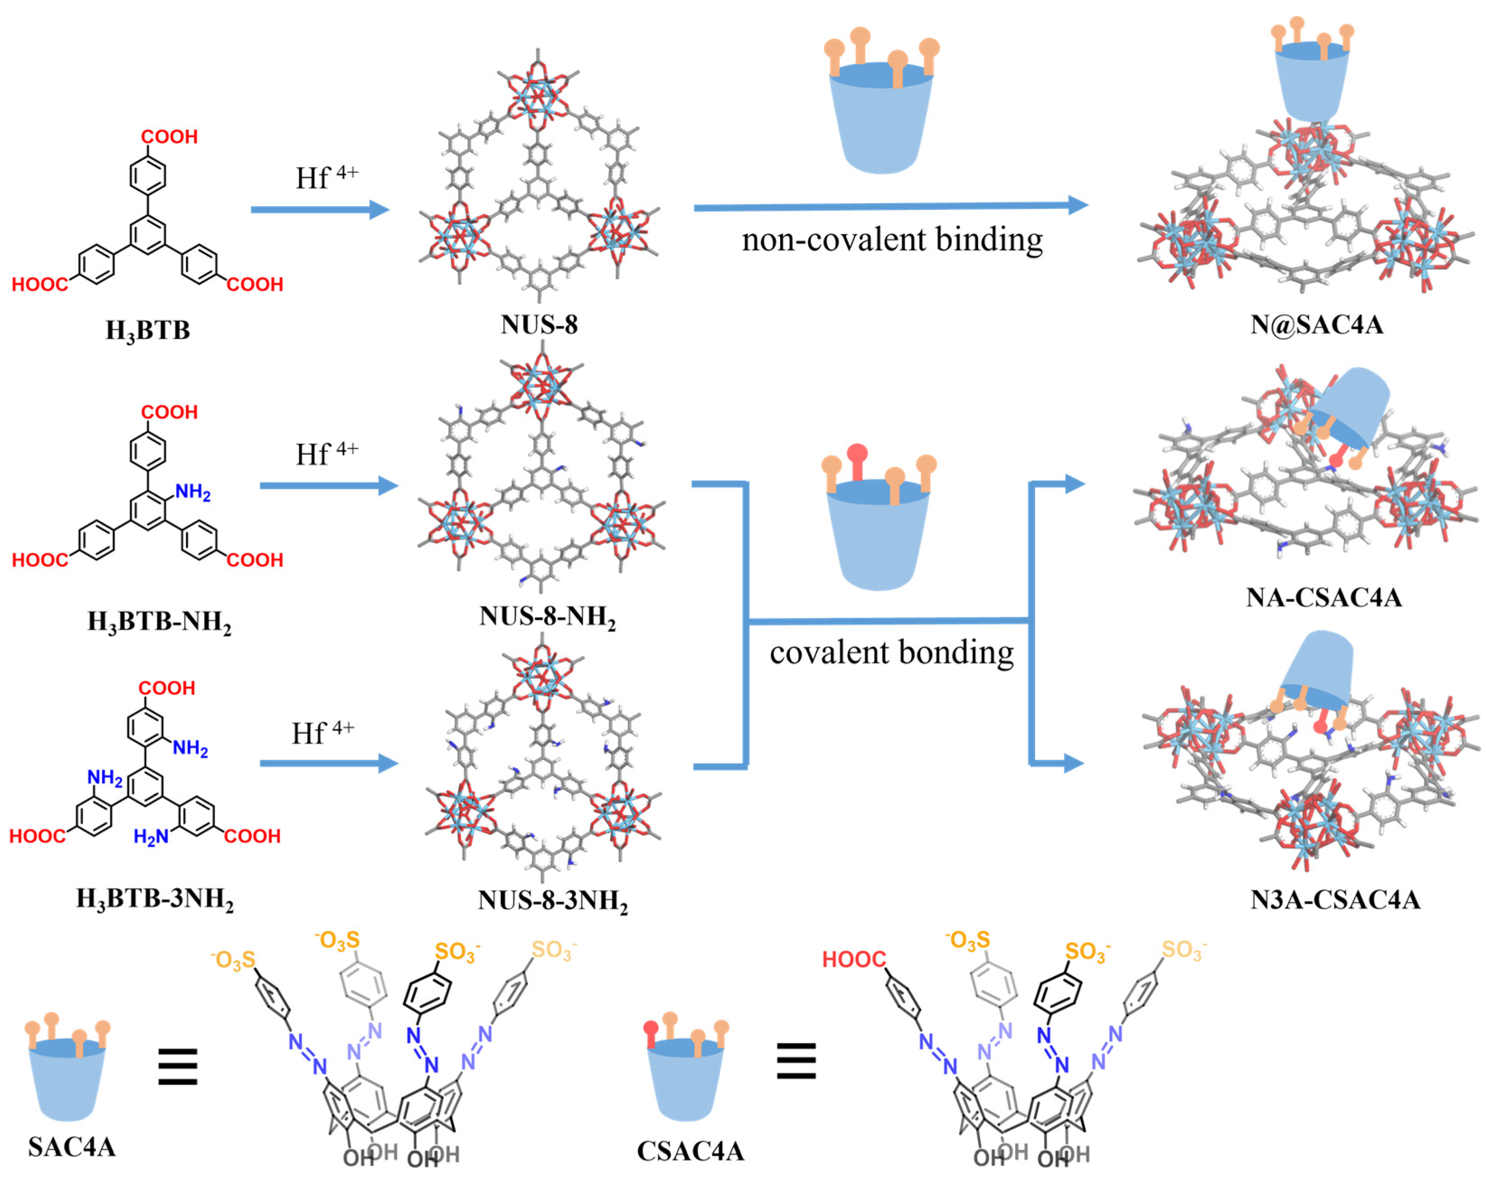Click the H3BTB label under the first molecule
(148, 330)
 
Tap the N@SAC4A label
(1317, 324)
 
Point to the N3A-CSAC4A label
(1335, 899)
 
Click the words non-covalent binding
(892, 240)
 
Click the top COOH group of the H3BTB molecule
(169, 136)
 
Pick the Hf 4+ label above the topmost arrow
(326, 177)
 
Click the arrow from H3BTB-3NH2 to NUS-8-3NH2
(329, 763)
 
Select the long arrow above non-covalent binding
(890, 206)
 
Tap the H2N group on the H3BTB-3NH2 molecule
(151, 837)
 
